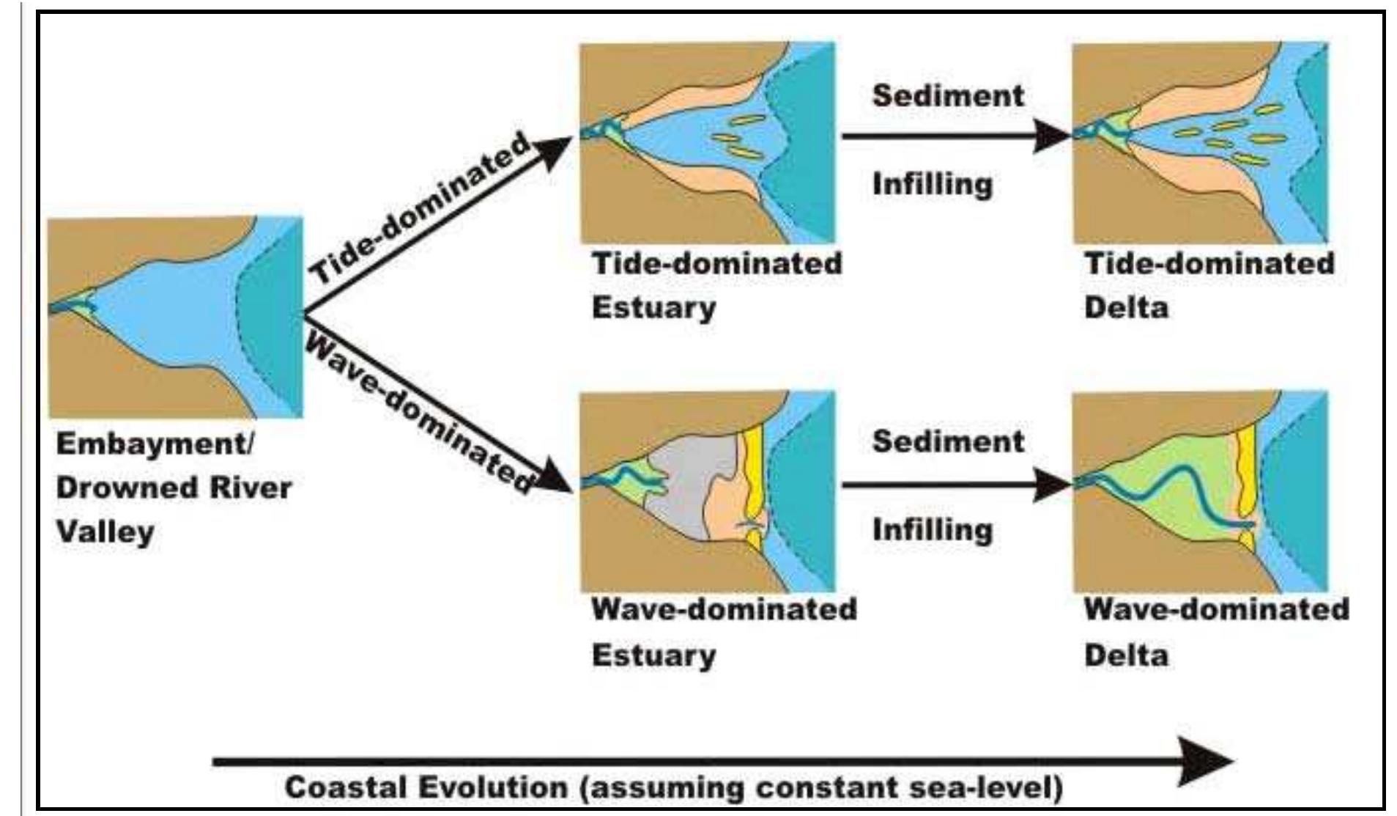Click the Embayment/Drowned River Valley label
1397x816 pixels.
[174, 488]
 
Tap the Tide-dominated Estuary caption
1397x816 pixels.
[716, 285]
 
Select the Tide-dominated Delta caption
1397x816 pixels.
[1209, 285]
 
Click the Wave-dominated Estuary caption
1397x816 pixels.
[724, 632]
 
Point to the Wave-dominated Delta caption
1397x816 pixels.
[1216, 632]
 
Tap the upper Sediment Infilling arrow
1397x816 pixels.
[952, 136]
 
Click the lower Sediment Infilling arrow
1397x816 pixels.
[952, 485]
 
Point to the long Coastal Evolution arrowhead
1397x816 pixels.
[1201, 762]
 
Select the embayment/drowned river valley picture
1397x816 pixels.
[176, 317]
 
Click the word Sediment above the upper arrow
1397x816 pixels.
[948, 96]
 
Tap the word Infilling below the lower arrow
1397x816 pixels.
[932, 529]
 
